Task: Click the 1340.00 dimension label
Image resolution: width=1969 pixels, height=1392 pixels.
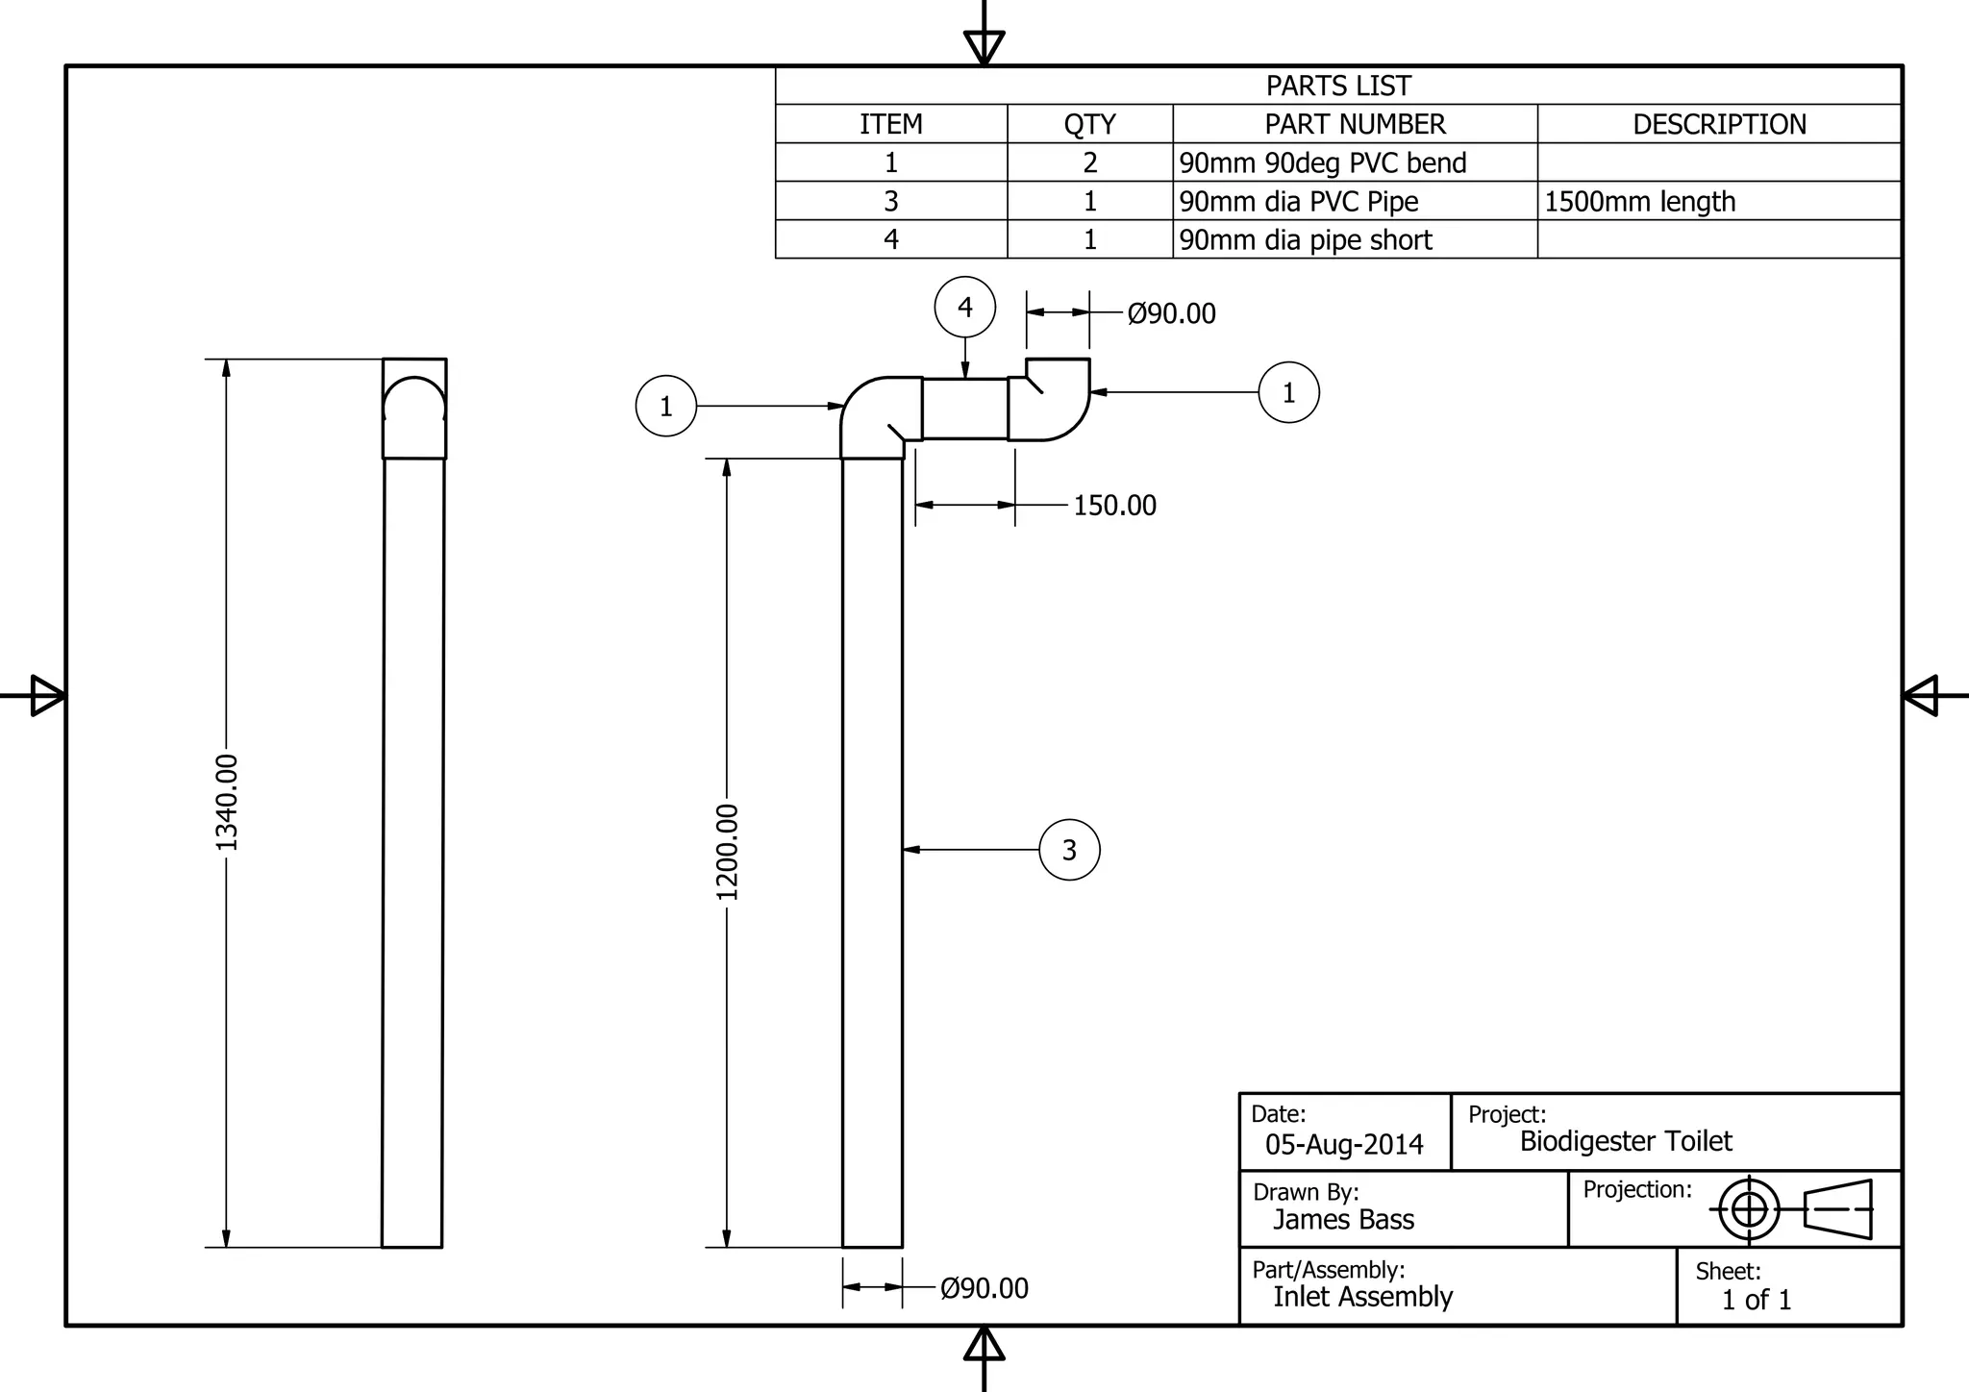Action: pyautogui.click(x=227, y=803)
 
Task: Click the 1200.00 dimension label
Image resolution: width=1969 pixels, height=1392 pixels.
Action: pyautogui.click(x=728, y=852)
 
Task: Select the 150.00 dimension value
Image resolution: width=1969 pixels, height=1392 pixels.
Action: pyautogui.click(x=1114, y=506)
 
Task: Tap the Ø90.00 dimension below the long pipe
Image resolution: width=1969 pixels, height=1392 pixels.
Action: pyautogui.click(x=984, y=1288)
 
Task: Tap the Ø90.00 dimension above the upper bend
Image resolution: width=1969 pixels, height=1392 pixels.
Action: pyautogui.click(x=1171, y=313)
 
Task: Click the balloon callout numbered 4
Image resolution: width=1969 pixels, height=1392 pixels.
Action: pyautogui.click(x=965, y=308)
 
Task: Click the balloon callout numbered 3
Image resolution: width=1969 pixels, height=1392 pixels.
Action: pyautogui.click(x=1069, y=850)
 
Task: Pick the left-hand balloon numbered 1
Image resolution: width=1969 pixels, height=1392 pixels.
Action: pyautogui.click(x=665, y=407)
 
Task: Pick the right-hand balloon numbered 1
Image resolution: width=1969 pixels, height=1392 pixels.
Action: pyautogui.click(x=1288, y=392)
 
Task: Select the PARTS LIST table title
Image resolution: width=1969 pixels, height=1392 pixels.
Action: pyautogui.click(x=1338, y=86)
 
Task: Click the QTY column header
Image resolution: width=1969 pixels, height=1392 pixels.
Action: pyautogui.click(x=1089, y=124)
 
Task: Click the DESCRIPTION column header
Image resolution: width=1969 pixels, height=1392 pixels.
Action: pyautogui.click(x=1719, y=124)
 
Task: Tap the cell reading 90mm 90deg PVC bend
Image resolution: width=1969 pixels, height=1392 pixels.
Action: pyautogui.click(x=1323, y=162)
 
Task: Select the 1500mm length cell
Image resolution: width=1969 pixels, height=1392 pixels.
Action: pyautogui.click(x=1639, y=201)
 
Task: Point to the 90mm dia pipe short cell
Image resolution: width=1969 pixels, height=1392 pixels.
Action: pyautogui.click(x=1306, y=239)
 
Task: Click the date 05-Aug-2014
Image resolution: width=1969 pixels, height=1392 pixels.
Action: pyautogui.click(x=1344, y=1144)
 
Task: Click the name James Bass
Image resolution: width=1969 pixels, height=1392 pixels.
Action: pyautogui.click(x=1343, y=1219)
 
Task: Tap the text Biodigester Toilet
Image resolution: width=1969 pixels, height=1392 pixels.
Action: pyautogui.click(x=1626, y=1141)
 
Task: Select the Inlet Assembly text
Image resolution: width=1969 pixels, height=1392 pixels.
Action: pyautogui.click(x=1362, y=1297)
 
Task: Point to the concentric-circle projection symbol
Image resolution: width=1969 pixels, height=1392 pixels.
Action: pyautogui.click(x=1749, y=1208)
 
